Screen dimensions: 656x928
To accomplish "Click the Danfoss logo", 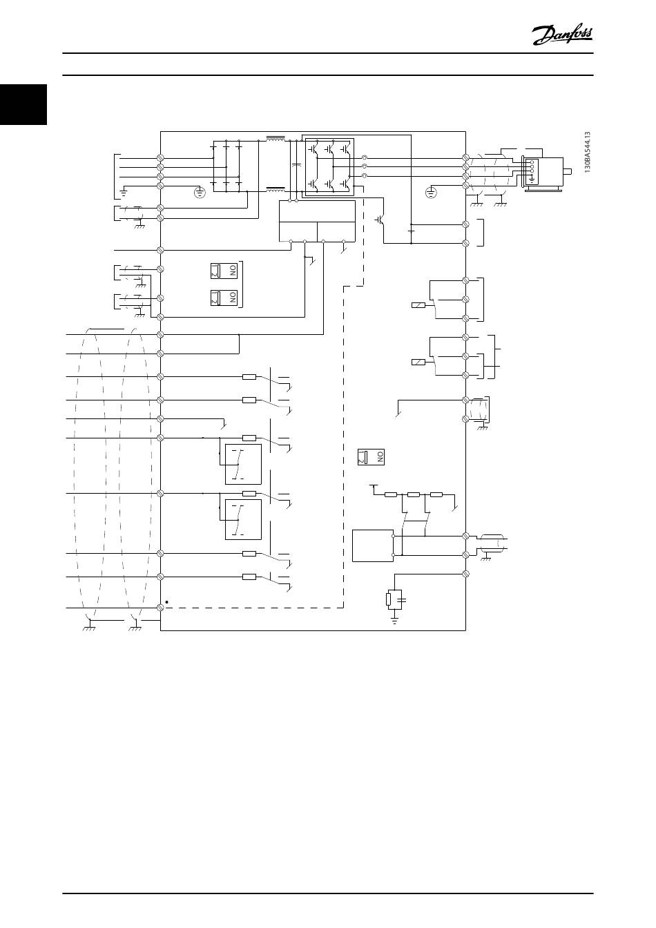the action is pyautogui.click(x=562, y=34).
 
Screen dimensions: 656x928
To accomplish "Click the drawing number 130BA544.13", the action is pyautogui.click(x=588, y=153).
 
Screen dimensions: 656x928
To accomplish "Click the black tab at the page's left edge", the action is pyautogui.click(x=23, y=104).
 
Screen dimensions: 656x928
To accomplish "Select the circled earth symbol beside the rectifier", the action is pyautogui.click(x=200, y=192).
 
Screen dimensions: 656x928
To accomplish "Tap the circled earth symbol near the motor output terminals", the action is pyautogui.click(x=431, y=191).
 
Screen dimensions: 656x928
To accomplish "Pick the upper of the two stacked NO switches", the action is pyautogui.click(x=224, y=271).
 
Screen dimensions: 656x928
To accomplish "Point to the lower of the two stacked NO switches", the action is pyautogui.click(x=224, y=298).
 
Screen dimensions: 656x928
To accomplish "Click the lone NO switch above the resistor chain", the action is pyautogui.click(x=371, y=456).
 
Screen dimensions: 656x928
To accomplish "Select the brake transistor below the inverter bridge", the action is pyautogui.click(x=380, y=219).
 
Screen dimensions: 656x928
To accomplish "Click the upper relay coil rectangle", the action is pyautogui.click(x=418, y=304).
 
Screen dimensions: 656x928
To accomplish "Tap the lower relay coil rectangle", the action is pyautogui.click(x=418, y=362).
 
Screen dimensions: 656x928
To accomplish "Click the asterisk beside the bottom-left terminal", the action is pyautogui.click(x=167, y=602).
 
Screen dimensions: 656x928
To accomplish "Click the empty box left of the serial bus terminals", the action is pyautogui.click(x=372, y=545).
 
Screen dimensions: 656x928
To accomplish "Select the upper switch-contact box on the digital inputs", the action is pyautogui.click(x=243, y=464).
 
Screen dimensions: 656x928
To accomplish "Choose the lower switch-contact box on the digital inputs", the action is pyautogui.click(x=243, y=519).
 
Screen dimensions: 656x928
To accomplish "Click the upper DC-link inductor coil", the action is pyautogui.click(x=276, y=139).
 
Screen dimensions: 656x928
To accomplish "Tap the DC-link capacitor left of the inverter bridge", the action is pyautogui.click(x=296, y=166).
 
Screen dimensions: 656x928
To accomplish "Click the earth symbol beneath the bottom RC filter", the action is pyautogui.click(x=395, y=621).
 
